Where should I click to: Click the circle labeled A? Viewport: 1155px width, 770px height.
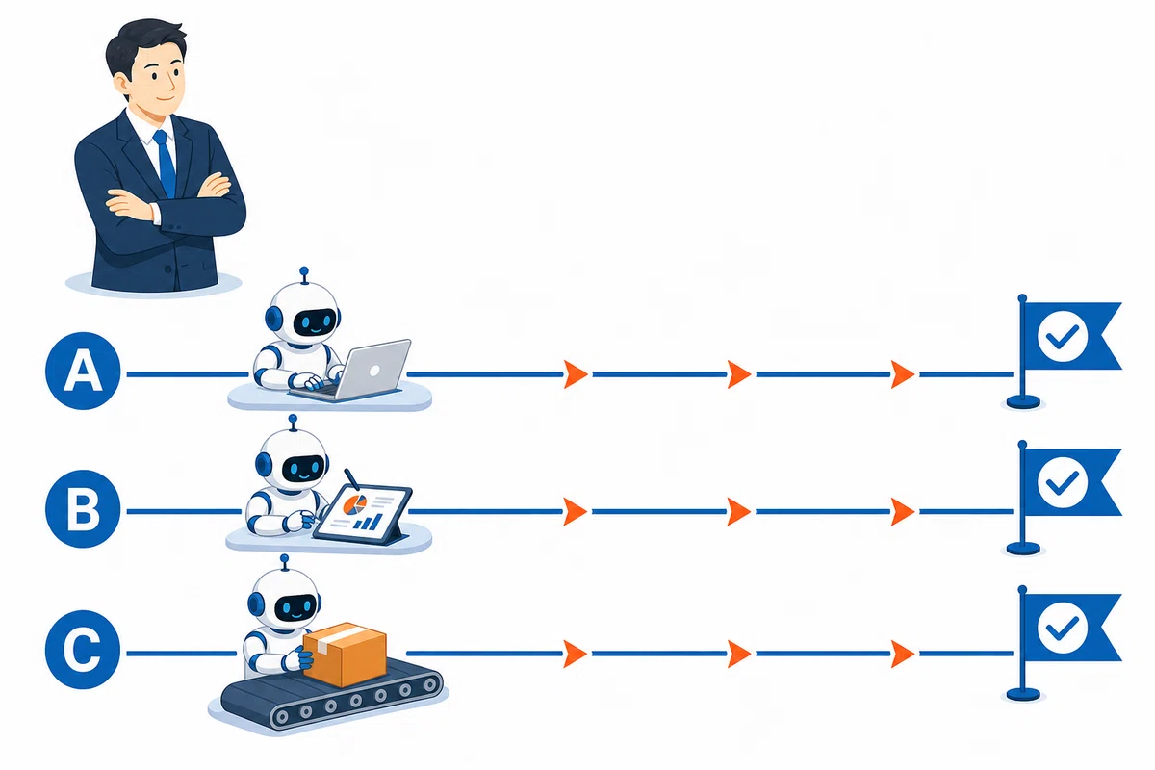[x=83, y=371]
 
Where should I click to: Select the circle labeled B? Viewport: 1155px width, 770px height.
[x=83, y=508]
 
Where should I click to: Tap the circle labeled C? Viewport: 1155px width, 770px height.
[x=83, y=650]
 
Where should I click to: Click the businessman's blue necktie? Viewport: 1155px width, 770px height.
[x=166, y=164]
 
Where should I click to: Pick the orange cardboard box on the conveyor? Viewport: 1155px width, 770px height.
[x=345, y=654]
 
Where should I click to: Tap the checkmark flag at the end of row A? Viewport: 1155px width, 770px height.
[x=1064, y=351]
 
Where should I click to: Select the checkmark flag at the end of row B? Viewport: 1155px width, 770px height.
[x=1064, y=499]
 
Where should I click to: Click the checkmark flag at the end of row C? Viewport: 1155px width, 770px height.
[x=1064, y=644]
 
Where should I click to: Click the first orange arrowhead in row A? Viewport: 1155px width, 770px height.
[x=576, y=373]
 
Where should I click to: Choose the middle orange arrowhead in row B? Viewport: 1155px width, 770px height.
[x=738, y=512]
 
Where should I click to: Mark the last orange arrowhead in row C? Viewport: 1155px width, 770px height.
[x=903, y=654]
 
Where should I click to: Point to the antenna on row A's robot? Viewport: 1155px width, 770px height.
[x=304, y=275]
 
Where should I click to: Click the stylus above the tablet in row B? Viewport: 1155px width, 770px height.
[x=351, y=479]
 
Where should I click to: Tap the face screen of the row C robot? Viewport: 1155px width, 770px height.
[x=295, y=608]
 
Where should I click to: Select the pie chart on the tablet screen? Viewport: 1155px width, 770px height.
[x=355, y=504]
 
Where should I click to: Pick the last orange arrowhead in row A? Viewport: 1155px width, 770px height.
[x=903, y=373]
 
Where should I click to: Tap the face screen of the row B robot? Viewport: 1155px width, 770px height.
[x=304, y=469]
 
